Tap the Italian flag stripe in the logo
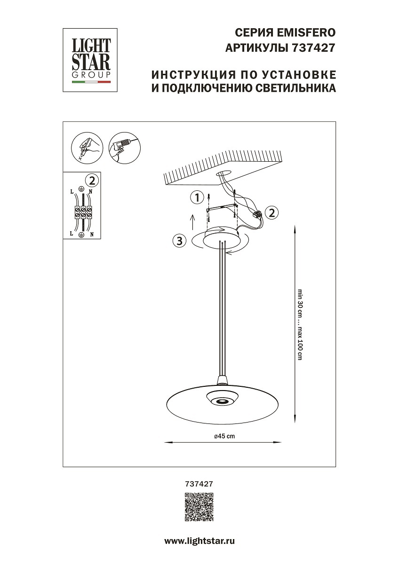(x=91, y=82)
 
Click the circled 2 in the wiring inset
(x=92, y=180)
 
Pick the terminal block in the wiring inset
(x=83, y=212)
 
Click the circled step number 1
(x=198, y=197)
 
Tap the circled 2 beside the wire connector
(x=271, y=212)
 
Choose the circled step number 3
(x=178, y=242)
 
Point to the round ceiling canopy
(x=221, y=237)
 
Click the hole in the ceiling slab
(x=223, y=173)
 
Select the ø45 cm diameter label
(x=224, y=437)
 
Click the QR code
(x=199, y=507)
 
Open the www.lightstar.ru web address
(x=199, y=541)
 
